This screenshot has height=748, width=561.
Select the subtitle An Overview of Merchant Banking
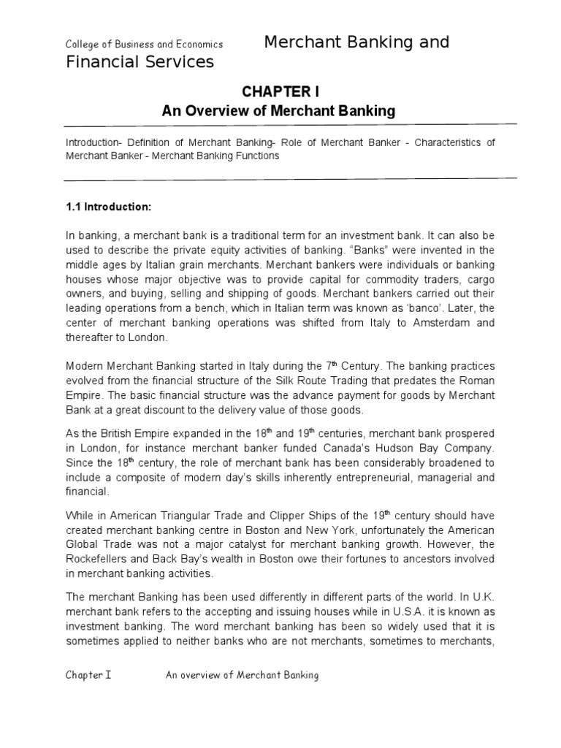pyautogui.click(x=278, y=111)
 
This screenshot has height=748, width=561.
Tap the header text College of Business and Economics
pyautogui.click(x=144, y=45)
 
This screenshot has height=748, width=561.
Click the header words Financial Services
pyautogui.click(x=140, y=61)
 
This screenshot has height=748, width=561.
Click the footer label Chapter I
pyautogui.click(x=88, y=675)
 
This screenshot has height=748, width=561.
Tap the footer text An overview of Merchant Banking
pyautogui.click(x=243, y=675)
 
